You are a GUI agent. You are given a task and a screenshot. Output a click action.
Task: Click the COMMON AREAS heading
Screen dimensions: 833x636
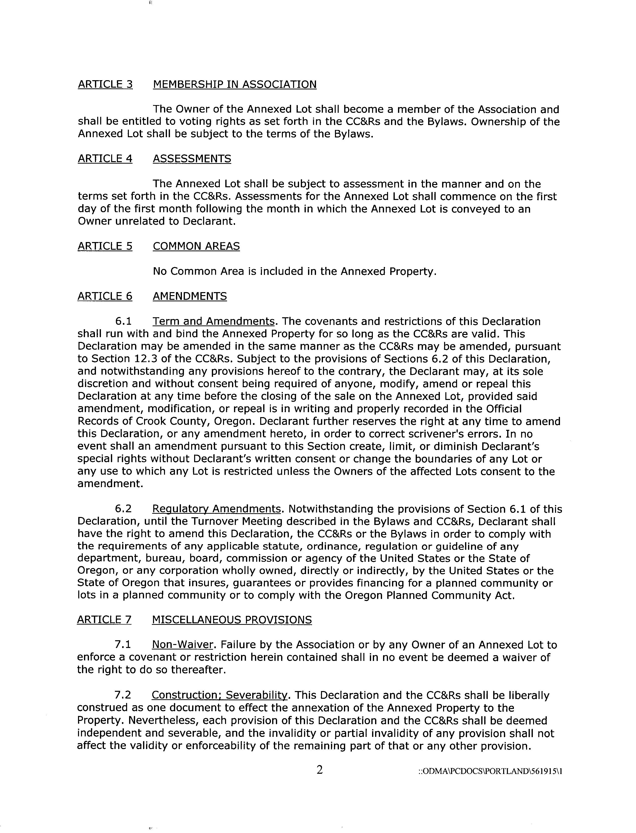(x=196, y=246)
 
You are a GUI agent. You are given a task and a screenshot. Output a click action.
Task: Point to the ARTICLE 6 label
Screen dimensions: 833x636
(x=105, y=296)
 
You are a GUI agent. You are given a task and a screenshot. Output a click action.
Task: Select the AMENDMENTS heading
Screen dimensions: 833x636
(x=190, y=296)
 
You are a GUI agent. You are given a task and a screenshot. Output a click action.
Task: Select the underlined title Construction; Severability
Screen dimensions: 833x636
(x=219, y=695)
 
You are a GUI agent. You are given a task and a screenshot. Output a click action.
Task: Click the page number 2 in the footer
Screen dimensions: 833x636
(x=319, y=770)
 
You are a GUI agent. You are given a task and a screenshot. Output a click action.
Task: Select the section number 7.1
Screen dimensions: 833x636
(x=123, y=645)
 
